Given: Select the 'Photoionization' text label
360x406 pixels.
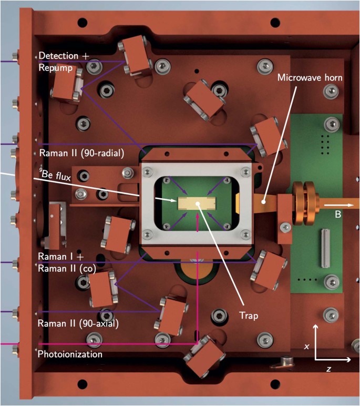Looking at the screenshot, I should click(70, 354).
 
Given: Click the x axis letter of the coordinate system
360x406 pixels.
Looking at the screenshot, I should click(306, 346).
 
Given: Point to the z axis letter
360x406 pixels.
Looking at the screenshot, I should click(328, 369).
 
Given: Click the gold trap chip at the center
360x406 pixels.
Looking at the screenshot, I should click(197, 204).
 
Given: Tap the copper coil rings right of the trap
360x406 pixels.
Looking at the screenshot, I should click(304, 204).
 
